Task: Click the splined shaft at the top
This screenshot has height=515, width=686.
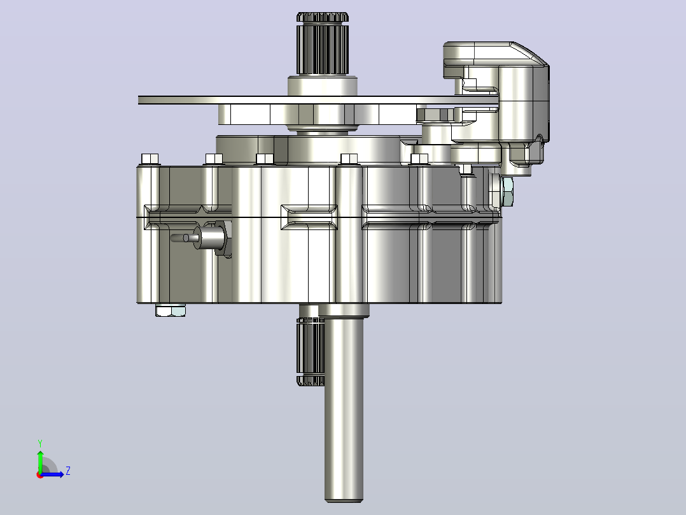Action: tap(323, 43)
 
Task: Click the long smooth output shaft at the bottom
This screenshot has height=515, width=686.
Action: tap(344, 408)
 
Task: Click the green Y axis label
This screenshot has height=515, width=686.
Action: tap(40, 443)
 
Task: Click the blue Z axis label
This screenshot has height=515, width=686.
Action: tap(68, 471)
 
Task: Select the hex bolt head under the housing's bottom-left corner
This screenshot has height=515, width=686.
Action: tap(171, 310)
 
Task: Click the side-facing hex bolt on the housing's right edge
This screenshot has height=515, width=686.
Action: tap(507, 191)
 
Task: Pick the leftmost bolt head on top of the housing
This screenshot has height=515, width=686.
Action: tap(150, 159)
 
